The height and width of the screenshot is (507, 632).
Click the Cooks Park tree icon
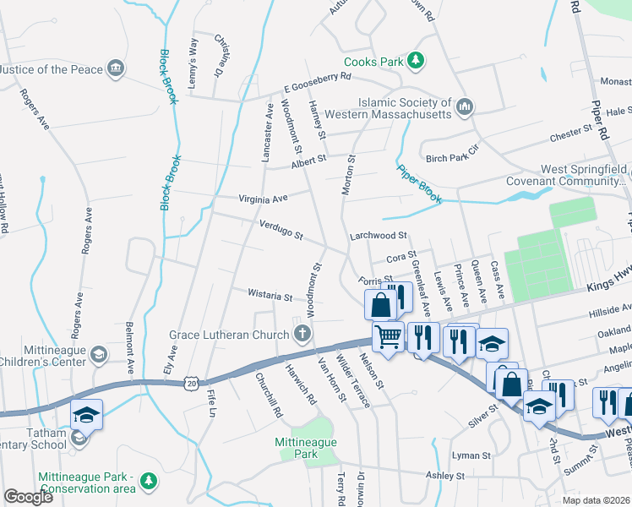tap(415, 61)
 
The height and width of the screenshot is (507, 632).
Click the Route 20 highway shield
tap(193, 383)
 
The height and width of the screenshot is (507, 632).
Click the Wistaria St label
tap(270, 297)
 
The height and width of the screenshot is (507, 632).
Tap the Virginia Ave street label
tap(263, 199)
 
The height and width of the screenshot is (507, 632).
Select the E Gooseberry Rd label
tap(317, 82)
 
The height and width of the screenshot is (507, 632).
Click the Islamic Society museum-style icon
tap(464, 107)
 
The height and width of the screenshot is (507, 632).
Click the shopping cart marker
tap(389, 336)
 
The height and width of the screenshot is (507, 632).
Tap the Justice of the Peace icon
tap(117, 68)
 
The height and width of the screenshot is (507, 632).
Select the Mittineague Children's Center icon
tap(99, 355)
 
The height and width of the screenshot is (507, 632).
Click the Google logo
tap(28, 497)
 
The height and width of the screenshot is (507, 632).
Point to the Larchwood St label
tap(379, 236)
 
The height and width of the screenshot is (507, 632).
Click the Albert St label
tap(308, 161)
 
